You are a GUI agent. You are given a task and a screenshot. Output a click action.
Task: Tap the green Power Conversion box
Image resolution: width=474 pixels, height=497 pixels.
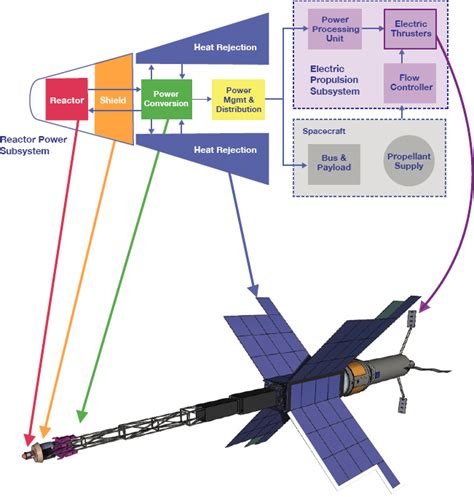click(x=165, y=100)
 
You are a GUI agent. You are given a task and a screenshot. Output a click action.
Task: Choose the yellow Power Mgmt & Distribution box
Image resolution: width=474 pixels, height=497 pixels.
click(x=238, y=100)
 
